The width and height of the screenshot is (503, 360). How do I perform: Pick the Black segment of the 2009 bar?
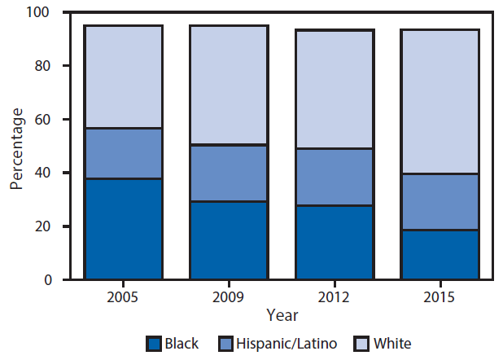[229, 240]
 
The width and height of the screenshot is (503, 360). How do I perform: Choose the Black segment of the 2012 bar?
[335, 242]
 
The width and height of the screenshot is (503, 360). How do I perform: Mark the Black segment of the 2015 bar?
[440, 254]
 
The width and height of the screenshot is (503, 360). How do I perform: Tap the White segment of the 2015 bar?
[440, 101]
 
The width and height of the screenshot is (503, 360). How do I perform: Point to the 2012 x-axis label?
[335, 295]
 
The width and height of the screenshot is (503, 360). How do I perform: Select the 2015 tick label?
[440, 295]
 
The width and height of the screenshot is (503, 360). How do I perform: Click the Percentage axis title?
[16, 147]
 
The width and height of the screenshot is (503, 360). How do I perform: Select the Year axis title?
[282, 314]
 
